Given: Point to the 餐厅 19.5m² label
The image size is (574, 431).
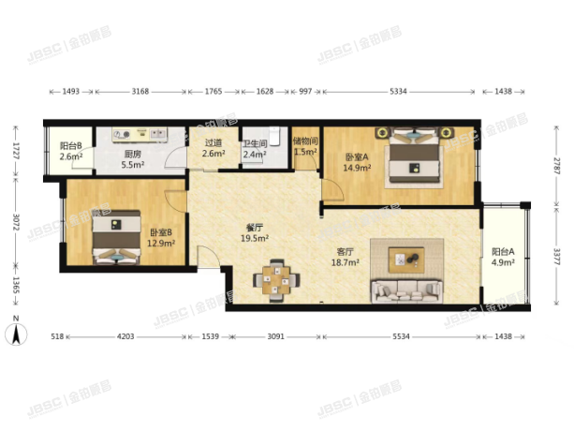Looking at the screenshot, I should click(x=252, y=232).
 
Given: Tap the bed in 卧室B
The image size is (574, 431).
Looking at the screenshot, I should click(x=116, y=239).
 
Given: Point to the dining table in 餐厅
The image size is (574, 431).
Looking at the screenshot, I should click(x=277, y=278).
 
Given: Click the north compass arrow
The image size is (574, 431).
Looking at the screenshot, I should click(x=16, y=333).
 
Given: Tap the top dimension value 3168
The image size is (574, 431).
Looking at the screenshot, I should click(x=140, y=92).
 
